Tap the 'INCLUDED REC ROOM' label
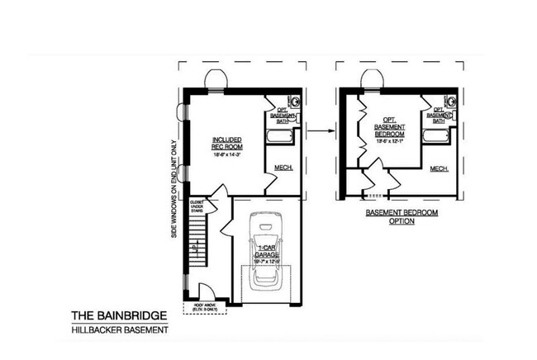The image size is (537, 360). [x=227, y=141]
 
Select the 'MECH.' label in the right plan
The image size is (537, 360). [x=440, y=169]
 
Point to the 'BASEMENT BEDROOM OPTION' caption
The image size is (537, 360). [x=402, y=216]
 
